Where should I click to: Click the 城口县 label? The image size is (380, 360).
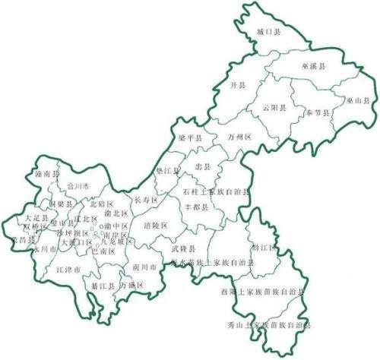pos(269,33)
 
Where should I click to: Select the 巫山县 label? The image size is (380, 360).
pos(356,100)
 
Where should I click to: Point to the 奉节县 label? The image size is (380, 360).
pos(318,112)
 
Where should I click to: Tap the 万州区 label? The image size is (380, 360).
pos(239,137)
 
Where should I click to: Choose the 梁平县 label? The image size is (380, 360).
pos(188,137)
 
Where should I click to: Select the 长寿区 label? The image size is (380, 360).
pos(145,200)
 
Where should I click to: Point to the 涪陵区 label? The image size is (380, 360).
pos(154,226)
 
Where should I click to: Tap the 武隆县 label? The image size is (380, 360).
pos(182,249)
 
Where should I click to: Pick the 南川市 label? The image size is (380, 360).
pos(144,267)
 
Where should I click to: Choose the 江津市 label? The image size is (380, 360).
pos(68,269)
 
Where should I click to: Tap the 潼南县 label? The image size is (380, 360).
pos(46,174)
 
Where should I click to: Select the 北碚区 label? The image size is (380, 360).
pos(101,204)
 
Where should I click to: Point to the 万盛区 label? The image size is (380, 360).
pos(131,286)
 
